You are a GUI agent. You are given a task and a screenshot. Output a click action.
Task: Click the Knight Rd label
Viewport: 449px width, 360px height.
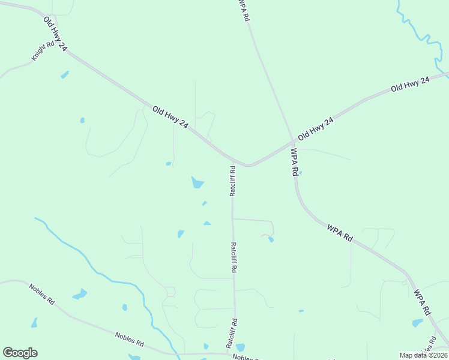click(43, 52)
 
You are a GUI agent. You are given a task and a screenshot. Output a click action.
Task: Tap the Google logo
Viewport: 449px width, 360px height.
click(20, 353)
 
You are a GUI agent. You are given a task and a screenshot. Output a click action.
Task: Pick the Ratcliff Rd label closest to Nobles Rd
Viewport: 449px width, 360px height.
click(232, 333)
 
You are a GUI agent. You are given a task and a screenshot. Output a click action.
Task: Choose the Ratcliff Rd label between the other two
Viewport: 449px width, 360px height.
click(232, 258)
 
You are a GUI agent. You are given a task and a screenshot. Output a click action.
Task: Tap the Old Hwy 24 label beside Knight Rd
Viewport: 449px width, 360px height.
click(54, 34)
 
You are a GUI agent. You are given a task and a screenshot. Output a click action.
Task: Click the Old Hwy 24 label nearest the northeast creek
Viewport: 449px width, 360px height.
click(411, 84)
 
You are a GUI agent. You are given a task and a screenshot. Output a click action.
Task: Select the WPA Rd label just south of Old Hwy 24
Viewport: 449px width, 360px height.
click(295, 161)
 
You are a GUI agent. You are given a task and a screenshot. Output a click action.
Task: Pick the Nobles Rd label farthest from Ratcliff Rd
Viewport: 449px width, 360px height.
click(41, 295)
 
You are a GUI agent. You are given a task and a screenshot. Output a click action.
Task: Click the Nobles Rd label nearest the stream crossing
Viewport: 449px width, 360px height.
click(130, 340)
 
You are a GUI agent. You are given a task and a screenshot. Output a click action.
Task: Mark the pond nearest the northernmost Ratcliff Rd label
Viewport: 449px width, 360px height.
click(197, 182)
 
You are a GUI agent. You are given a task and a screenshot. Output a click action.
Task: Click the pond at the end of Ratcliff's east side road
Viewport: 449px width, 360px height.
click(271, 239)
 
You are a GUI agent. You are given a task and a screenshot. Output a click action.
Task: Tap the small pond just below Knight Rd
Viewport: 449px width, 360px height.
click(64, 75)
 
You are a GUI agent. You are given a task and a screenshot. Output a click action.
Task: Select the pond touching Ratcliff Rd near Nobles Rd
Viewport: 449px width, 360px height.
click(240, 347)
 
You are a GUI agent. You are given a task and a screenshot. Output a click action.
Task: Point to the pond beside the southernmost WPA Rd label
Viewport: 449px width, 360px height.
click(417, 323)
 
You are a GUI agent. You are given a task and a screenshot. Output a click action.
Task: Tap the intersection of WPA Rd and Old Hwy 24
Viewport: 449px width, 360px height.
click(292, 142)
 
